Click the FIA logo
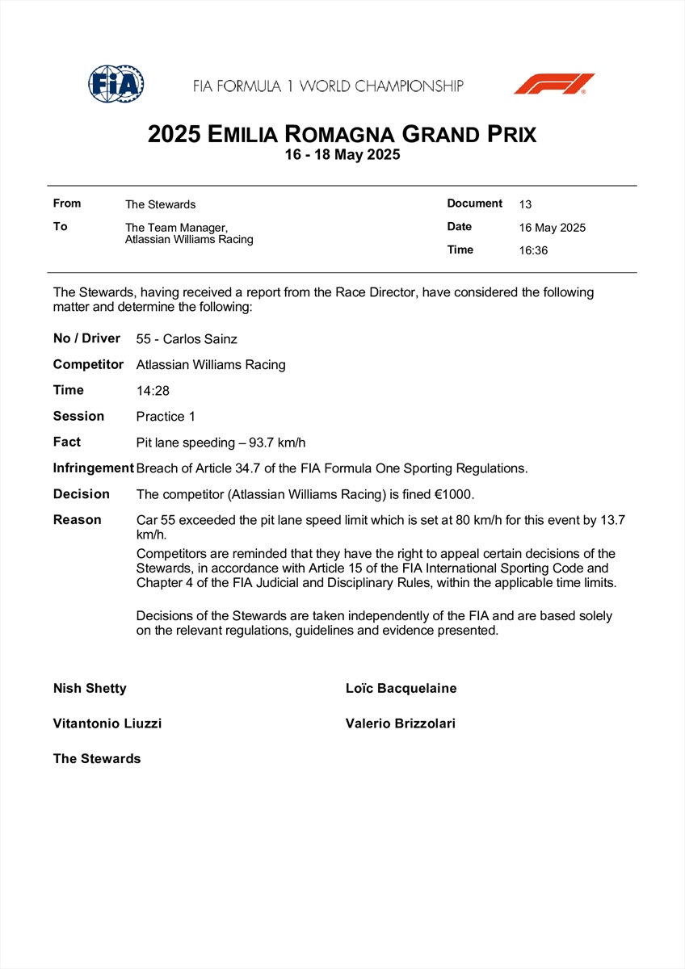pyautogui.click(x=116, y=83)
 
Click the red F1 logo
pyautogui.click(x=554, y=84)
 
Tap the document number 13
pyautogui.click(x=525, y=204)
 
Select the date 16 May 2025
pyautogui.click(x=552, y=228)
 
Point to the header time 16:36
pyautogui.click(x=533, y=250)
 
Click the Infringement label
pyautogui.click(x=93, y=468)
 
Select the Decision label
pyautogui.click(x=81, y=494)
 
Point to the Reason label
pyautogui.click(x=78, y=520)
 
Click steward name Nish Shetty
pyautogui.click(x=90, y=689)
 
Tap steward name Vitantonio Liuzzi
pyautogui.click(x=107, y=724)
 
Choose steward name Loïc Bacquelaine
pyautogui.click(x=401, y=689)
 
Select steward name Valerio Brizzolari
pyautogui.click(x=400, y=724)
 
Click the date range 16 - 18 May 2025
pyautogui.click(x=342, y=155)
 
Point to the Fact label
pyautogui.click(x=67, y=443)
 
